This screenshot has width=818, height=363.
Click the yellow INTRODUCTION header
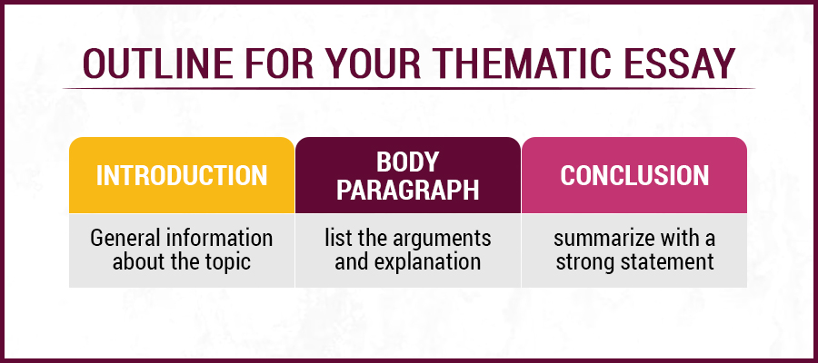pyautogui.click(x=182, y=175)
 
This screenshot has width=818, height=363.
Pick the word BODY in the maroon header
pyautogui.click(x=408, y=162)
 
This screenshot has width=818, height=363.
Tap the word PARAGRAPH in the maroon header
pyautogui.click(x=408, y=190)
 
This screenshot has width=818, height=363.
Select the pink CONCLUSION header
pyautogui.click(x=633, y=175)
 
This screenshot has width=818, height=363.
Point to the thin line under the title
pyautogui.click(x=409, y=88)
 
